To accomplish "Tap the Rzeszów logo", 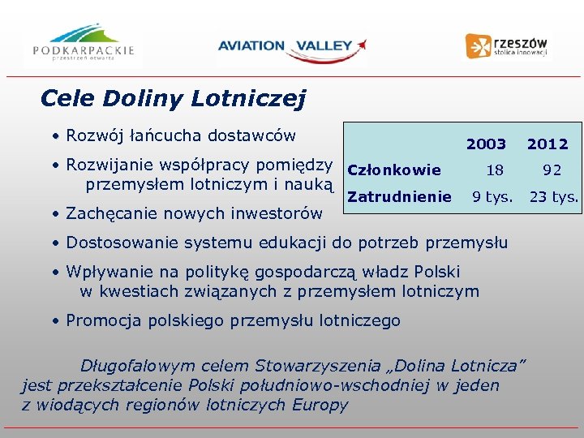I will coord(507,45).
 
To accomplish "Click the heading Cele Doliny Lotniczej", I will coord(173,99).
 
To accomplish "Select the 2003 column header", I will coord(486,144).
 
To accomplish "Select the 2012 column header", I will coord(547,144).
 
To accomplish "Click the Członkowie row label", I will coord(393,170).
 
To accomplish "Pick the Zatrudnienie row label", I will coord(399,196).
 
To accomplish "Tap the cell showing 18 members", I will coord(494,170).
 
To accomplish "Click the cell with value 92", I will coord(552,170).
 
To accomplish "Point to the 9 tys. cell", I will coord(493,196).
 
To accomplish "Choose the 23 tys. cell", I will coord(554,196).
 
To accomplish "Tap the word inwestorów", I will coord(276,213).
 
